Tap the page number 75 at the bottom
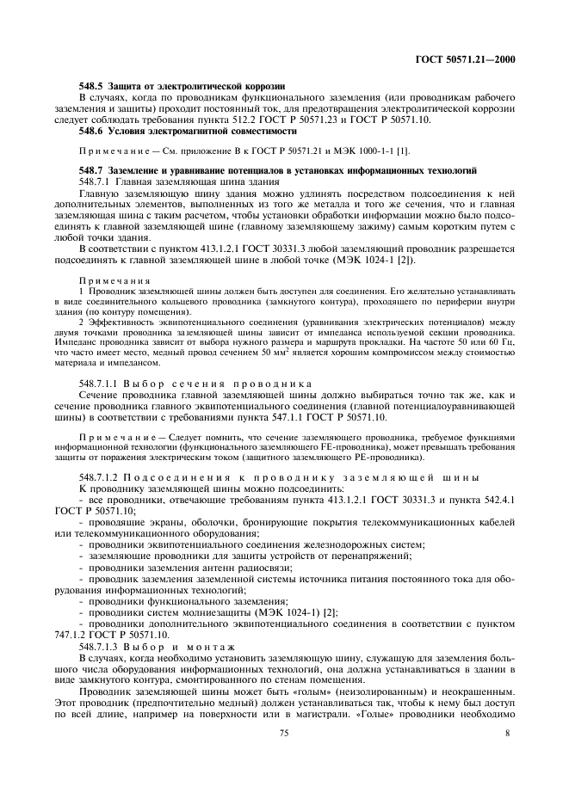click(283, 733)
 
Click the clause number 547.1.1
click(297, 418)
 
